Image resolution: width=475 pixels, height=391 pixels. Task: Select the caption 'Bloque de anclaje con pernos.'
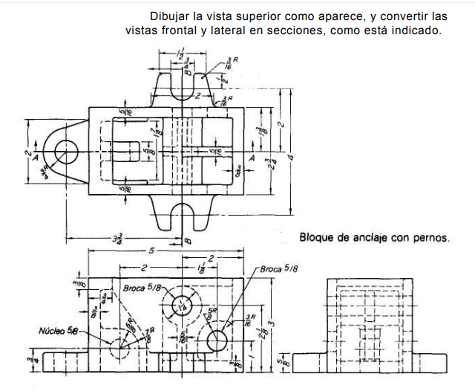(375, 238)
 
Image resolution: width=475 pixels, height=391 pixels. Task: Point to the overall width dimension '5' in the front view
(151, 251)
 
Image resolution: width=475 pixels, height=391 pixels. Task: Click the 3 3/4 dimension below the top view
(117, 239)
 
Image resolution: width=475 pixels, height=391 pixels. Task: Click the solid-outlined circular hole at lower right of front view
(217, 341)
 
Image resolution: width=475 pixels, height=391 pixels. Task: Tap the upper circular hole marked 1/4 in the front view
(182, 305)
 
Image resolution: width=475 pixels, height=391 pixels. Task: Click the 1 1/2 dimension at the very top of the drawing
(182, 54)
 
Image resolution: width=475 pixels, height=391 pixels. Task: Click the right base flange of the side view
(434, 362)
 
